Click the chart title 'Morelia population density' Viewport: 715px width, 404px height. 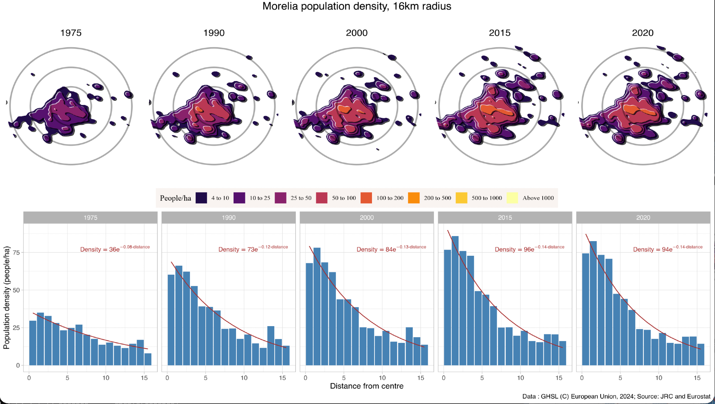tap(357, 6)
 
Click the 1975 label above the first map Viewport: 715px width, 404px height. tap(71, 33)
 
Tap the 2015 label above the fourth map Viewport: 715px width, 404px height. tap(499, 33)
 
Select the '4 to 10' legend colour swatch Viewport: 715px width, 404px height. tap(201, 198)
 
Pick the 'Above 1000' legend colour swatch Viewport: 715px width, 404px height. tap(512, 198)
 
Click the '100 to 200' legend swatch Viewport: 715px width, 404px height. tap(366, 198)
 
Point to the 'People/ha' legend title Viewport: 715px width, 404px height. tap(175, 198)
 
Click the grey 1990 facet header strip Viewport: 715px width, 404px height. tap(229, 218)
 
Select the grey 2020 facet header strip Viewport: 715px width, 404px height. tap(643, 218)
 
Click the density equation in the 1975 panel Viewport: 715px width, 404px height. tap(115, 249)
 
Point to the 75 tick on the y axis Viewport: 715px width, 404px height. tap(16, 253)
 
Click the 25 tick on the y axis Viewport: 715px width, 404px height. tap(16, 328)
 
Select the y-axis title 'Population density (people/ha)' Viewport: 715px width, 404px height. tap(6, 297)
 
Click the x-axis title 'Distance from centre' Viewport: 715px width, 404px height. tap(367, 386)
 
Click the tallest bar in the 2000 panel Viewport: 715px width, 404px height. tap(317, 306)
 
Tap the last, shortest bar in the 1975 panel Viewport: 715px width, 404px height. tap(148, 359)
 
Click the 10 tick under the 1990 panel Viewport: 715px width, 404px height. tap(244, 378)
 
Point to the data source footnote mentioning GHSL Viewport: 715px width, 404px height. tap(616, 396)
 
